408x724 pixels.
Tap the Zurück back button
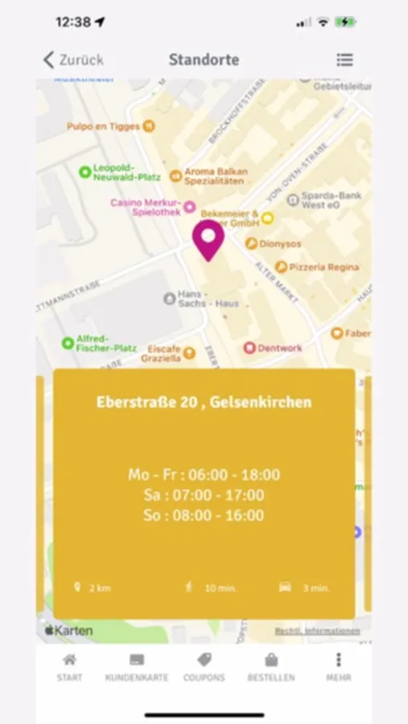pos(73,60)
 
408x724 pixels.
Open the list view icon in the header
pos(344,60)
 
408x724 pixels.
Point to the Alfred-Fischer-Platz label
pos(105,343)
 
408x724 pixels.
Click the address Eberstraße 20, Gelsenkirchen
pos(204,401)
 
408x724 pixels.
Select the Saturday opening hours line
pos(204,495)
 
